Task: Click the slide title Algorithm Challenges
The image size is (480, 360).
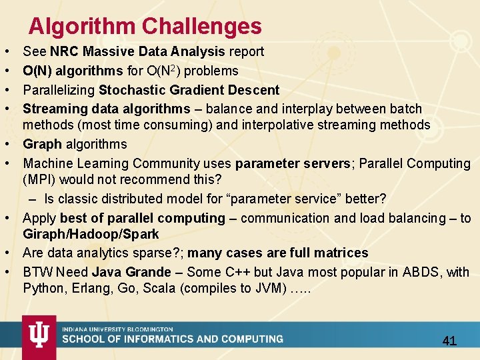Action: (145, 26)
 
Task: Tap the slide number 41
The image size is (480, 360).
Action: (449, 341)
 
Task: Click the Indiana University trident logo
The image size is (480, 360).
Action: (39, 337)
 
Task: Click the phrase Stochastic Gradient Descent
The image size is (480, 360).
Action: (189, 90)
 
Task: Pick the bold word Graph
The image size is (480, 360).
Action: (41, 144)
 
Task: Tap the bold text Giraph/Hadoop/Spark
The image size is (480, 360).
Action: (91, 234)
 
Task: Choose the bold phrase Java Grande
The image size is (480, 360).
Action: (131, 272)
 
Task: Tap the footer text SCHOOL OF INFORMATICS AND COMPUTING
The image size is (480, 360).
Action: (173, 339)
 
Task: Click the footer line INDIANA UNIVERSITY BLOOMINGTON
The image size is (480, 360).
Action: (117, 329)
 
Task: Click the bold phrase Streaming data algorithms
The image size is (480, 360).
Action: (107, 109)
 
